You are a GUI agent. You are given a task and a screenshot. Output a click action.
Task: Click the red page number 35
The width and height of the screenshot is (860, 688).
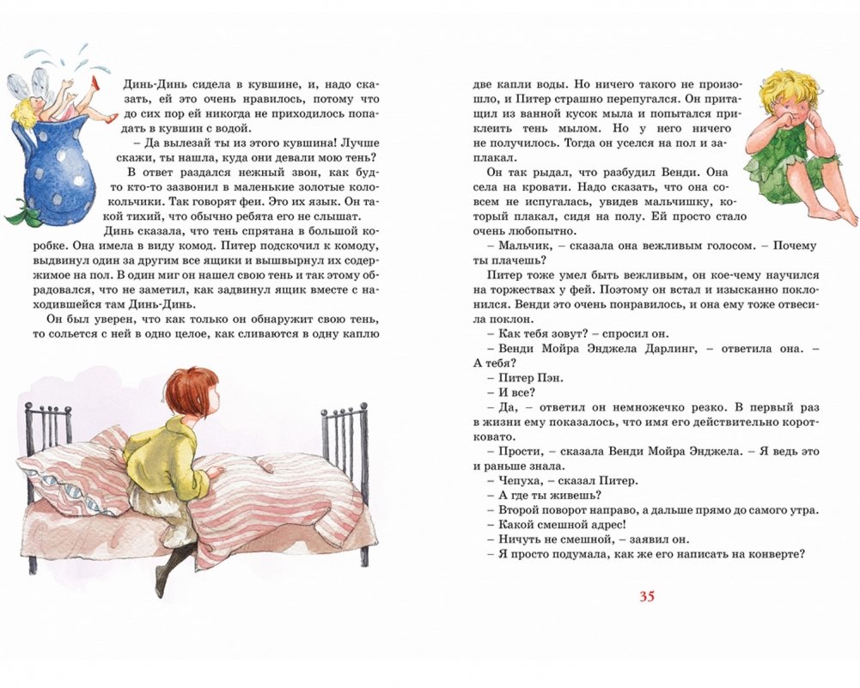(x=647, y=596)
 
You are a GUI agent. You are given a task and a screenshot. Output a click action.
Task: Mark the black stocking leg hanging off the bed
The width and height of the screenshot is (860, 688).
(x=168, y=568)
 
